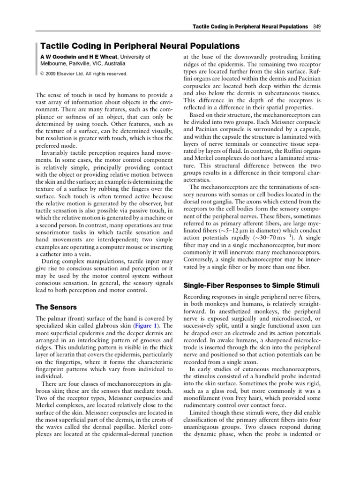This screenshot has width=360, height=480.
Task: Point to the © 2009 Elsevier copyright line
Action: pos(83,74)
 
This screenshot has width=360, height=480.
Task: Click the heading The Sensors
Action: pos(57,307)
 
